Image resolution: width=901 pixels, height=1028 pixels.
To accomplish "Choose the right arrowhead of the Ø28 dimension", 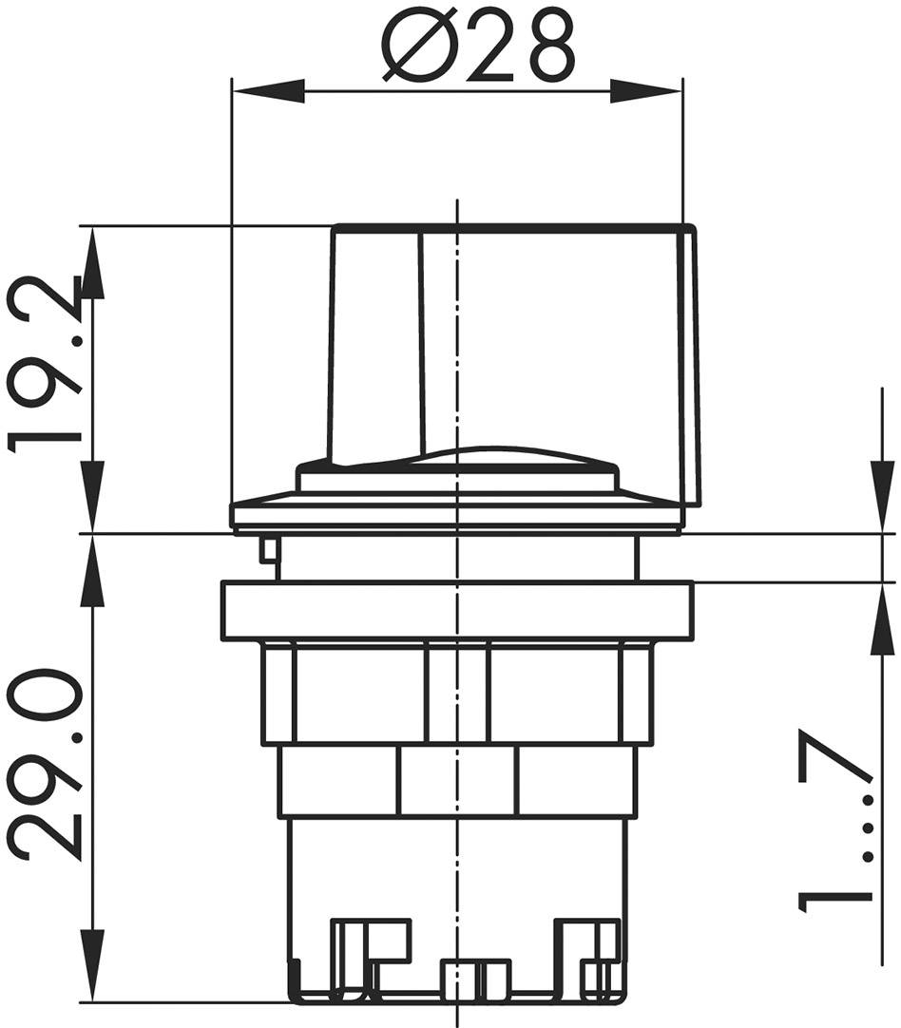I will pyautogui.click(x=646, y=91).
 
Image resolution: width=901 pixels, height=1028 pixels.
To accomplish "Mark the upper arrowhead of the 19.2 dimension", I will pyautogui.click(x=92, y=261).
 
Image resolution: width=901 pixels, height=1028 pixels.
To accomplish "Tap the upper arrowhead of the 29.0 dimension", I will pyautogui.click(x=92, y=569).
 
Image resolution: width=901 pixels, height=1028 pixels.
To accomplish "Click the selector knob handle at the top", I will pyautogui.click(x=513, y=342).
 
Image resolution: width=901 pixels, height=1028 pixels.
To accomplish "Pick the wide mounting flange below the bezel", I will pyautogui.click(x=457, y=611).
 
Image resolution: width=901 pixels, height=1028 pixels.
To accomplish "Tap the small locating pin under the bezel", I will pyautogui.click(x=269, y=550).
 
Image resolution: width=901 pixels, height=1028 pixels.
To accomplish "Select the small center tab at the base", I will pyautogui.click(x=475, y=979).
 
